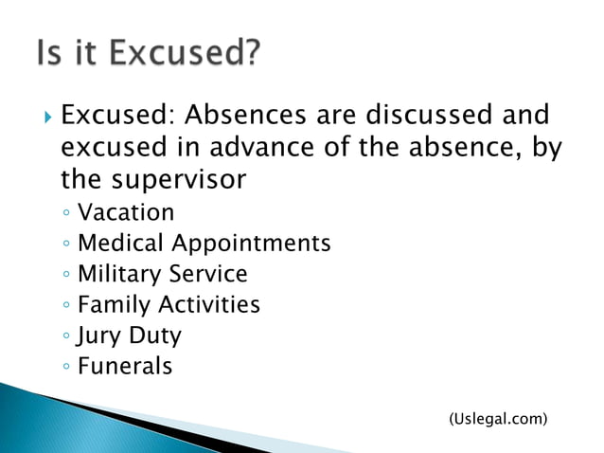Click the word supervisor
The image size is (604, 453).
click(x=181, y=179)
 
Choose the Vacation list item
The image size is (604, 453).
click(x=126, y=211)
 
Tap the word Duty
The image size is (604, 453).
click(x=152, y=335)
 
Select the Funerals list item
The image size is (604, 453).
click(x=125, y=366)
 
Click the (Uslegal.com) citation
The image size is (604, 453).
click(x=497, y=417)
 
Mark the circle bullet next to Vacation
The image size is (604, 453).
click(x=65, y=212)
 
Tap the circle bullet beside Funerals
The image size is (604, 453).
click(x=65, y=367)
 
